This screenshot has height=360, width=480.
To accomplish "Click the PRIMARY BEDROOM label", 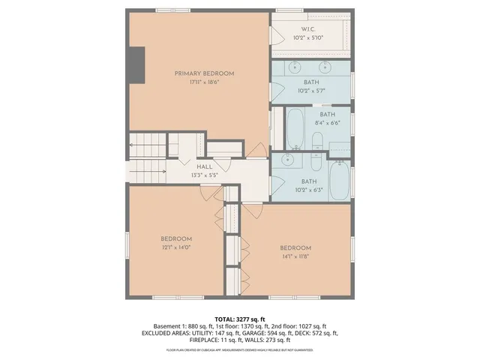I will tap(204, 73).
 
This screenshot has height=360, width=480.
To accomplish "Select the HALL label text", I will tap(204, 167).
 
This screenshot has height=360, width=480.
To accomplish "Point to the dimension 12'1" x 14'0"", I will tap(175, 247).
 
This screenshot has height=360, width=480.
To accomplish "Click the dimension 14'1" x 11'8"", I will tap(295, 256).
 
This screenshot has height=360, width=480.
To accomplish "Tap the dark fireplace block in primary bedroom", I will tap(136, 65).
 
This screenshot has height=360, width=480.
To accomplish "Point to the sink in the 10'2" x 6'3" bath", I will tap(288, 160).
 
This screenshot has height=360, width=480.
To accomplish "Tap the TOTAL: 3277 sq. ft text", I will tap(240, 319).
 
